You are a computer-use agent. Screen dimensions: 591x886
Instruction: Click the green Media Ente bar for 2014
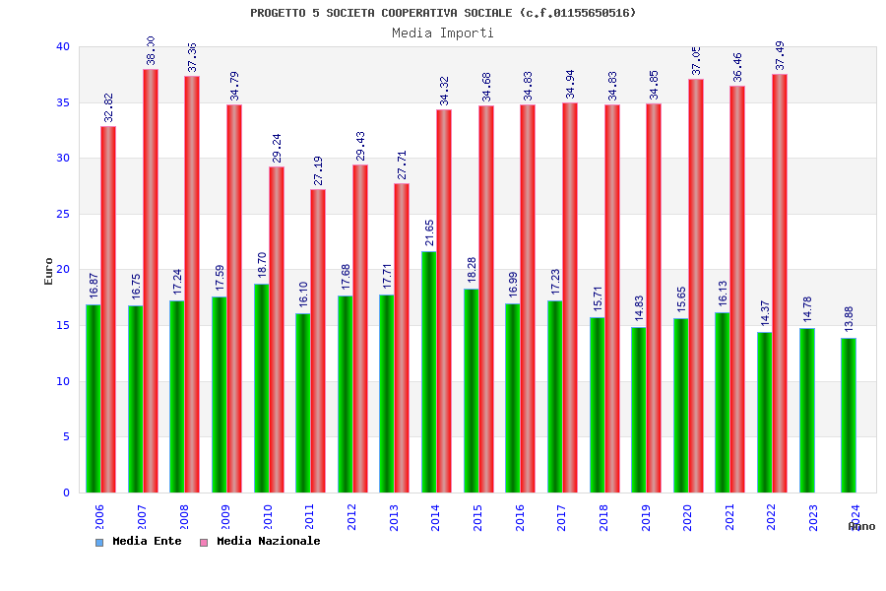click(x=429, y=372)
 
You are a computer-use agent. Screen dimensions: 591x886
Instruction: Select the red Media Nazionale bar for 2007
click(x=151, y=281)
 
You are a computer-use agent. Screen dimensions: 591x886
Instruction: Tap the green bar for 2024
click(x=849, y=415)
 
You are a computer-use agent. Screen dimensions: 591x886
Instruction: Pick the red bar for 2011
click(x=318, y=341)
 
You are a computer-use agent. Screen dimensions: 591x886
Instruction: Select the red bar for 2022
click(x=780, y=284)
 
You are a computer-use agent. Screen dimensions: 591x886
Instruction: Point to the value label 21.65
click(x=429, y=232)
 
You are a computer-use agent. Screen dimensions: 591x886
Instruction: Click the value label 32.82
click(x=109, y=107)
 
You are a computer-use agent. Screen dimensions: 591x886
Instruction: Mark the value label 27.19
click(x=318, y=170)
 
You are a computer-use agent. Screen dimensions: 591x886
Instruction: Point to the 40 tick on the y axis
click(x=63, y=46)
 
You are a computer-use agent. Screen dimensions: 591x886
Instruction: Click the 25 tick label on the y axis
click(x=63, y=214)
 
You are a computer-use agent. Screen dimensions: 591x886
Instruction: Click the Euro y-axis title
click(x=49, y=271)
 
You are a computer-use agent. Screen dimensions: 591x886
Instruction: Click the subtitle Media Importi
click(x=443, y=33)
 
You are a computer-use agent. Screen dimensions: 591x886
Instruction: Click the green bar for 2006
click(x=93, y=398)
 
